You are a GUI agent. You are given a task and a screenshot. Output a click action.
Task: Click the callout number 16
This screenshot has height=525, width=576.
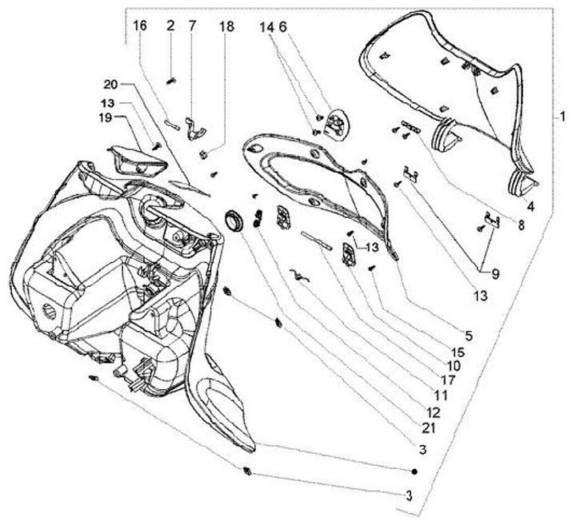[x=140, y=26]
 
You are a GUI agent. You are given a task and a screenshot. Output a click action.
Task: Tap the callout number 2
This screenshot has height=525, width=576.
[x=170, y=26]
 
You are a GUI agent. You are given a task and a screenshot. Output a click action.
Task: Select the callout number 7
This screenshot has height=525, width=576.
[x=192, y=26]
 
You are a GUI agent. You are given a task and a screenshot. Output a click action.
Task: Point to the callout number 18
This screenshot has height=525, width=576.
[x=227, y=26]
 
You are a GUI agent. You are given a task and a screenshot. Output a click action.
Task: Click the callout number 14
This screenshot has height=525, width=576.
[x=266, y=26]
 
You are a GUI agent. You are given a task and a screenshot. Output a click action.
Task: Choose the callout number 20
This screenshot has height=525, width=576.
[x=110, y=84]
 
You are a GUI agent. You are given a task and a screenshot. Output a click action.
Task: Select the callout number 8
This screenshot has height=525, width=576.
[x=521, y=226]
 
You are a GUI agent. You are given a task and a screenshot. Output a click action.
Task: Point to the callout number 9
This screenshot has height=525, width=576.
[x=494, y=274]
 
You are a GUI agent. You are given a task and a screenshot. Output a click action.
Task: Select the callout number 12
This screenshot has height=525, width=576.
[x=433, y=412]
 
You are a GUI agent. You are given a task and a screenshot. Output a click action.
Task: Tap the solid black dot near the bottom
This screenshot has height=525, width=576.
[x=415, y=470]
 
